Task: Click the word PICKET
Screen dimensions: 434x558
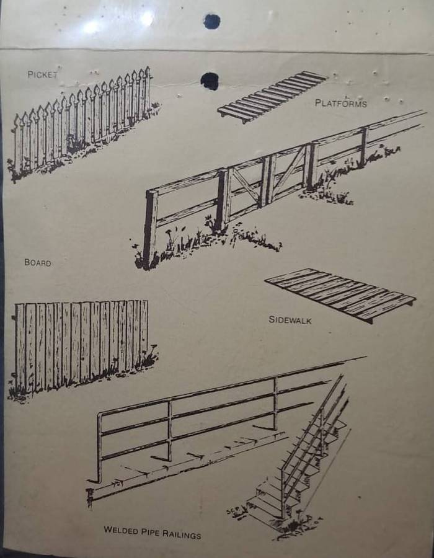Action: [42, 74]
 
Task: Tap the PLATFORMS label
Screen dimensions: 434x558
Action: [341, 103]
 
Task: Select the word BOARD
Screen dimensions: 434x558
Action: [38, 263]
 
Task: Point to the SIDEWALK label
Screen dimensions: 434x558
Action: [290, 320]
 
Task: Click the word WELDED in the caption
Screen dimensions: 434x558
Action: [121, 530]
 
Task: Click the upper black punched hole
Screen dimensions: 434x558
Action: [211, 21]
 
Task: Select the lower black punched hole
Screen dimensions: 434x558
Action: [210, 81]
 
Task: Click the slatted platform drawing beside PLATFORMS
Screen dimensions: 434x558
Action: [272, 96]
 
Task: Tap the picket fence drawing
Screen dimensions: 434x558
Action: [82, 123]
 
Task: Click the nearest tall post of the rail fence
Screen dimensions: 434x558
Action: [151, 228]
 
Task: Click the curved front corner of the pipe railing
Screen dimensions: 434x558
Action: [99, 417]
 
